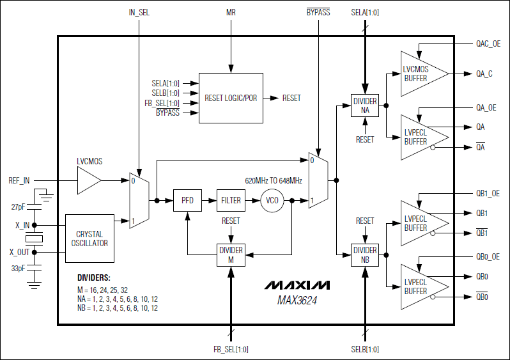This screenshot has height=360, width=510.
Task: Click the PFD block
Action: coord(187,200)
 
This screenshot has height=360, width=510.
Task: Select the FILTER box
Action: coord(231,200)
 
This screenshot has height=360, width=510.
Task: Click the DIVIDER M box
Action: coord(231,255)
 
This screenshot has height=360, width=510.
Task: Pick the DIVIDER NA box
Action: coord(365,106)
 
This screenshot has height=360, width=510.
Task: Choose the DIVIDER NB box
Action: coord(365,254)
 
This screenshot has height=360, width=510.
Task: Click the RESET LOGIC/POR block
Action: coord(231,98)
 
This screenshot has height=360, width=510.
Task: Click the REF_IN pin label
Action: coord(19,180)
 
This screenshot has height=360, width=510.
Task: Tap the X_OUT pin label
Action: coord(19,252)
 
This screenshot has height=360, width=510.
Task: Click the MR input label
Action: coord(231,12)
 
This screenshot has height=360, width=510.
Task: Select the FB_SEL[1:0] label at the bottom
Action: coord(231,349)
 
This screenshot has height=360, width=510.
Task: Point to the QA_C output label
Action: coord(484,74)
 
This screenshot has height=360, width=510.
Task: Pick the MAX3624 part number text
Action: coord(297,299)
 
